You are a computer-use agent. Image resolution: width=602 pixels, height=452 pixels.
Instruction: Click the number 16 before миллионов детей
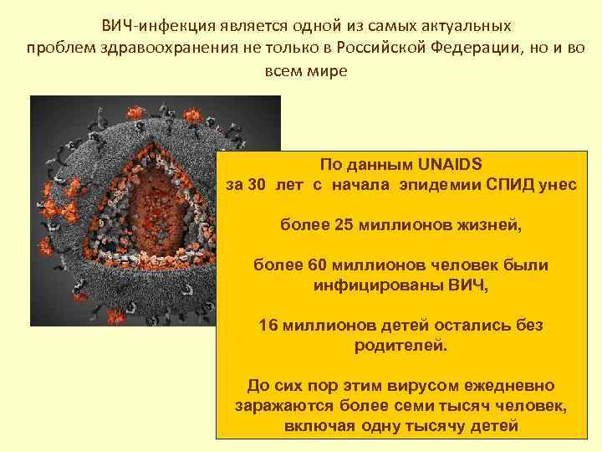[x=269, y=325]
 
